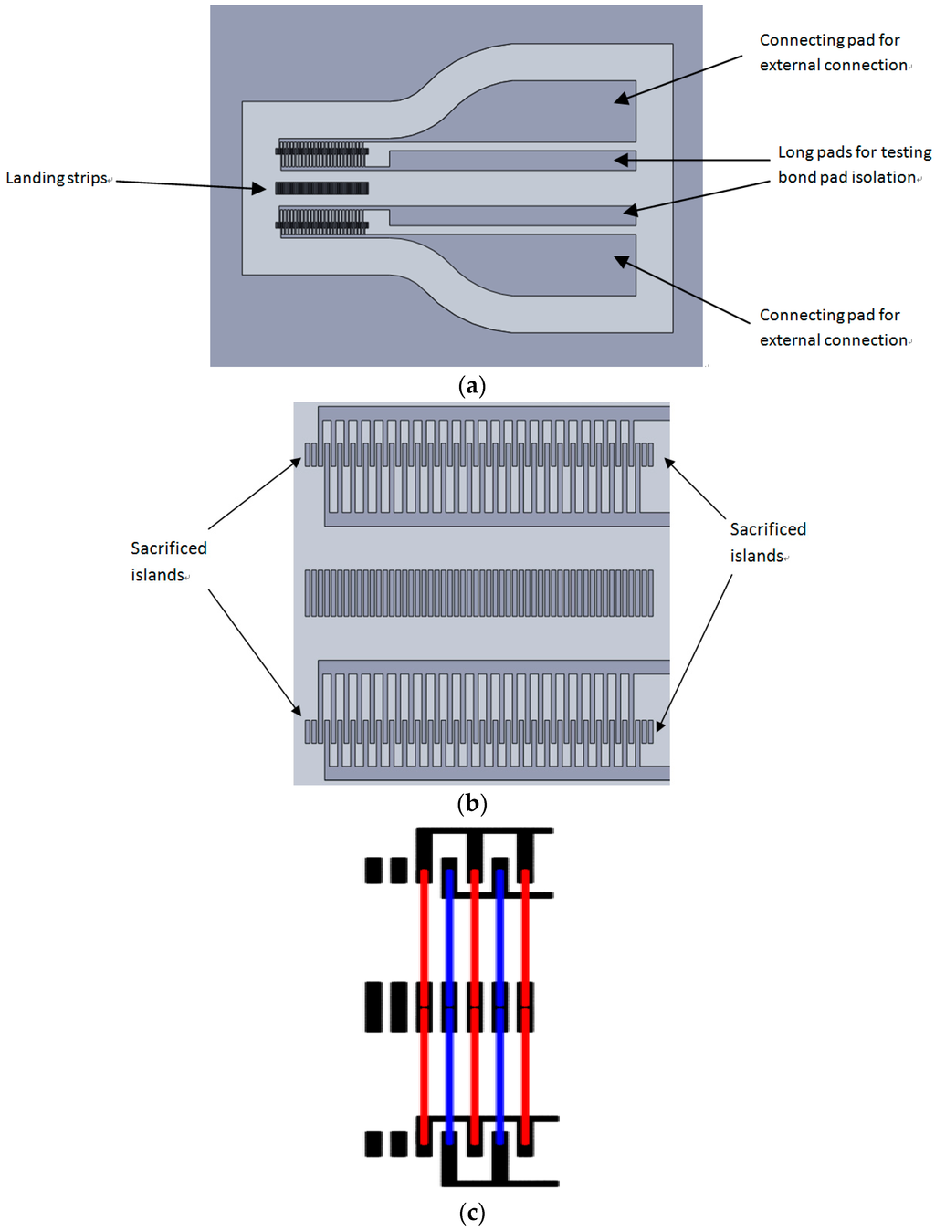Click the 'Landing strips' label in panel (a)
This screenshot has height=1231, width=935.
click(57, 178)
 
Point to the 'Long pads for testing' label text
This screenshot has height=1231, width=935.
click(854, 152)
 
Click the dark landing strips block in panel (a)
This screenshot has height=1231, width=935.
click(322, 189)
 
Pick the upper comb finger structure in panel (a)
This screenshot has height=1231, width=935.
click(322, 154)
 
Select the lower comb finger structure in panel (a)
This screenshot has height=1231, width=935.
click(322, 222)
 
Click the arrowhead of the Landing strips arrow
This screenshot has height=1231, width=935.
click(261, 189)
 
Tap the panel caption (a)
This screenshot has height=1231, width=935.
click(471, 385)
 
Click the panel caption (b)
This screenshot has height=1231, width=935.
click(471, 803)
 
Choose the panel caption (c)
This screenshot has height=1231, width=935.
click(471, 1212)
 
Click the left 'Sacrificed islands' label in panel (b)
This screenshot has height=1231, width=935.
click(168, 561)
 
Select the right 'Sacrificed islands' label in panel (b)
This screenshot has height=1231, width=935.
click(767, 542)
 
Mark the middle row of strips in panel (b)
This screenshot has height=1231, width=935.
click(478, 593)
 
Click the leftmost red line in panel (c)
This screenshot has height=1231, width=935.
click(424, 1004)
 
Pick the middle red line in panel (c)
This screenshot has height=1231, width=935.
click(474, 1004)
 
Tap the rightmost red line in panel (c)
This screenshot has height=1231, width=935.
click(525, 1004)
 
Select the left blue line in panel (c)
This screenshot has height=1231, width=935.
click(449, 1004)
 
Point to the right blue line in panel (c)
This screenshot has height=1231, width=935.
click(499, 1004)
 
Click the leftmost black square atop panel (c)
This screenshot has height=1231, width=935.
click(373, 871)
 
